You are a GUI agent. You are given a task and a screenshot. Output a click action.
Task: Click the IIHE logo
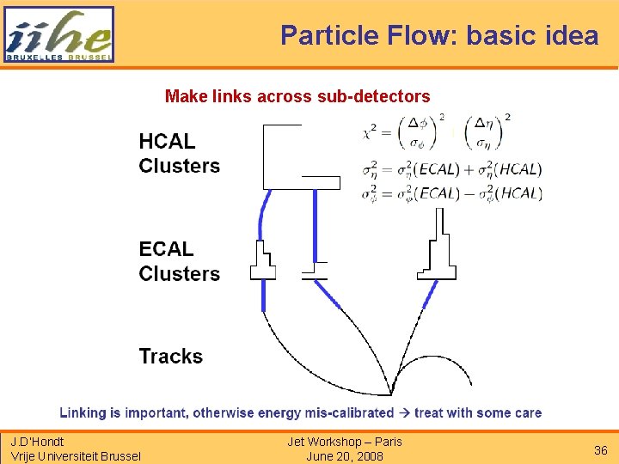(x=58, y=34)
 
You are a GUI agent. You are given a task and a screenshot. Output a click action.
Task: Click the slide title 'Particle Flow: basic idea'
(x=439, y=35)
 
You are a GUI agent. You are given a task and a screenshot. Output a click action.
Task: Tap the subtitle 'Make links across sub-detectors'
(x=297, y=95)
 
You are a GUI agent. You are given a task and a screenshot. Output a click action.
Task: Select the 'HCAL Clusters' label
(x=179, y=154)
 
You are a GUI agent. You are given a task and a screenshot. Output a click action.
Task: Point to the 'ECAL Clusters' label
(x=179, y=261)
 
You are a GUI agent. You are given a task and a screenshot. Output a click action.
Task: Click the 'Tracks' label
(x=171, y=356)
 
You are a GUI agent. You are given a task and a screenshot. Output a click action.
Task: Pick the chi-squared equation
(x=438, y=134)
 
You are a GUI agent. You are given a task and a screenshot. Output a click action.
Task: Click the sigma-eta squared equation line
(x=451, y=171)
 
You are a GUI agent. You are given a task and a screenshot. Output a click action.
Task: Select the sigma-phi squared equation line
(x=451, y=193)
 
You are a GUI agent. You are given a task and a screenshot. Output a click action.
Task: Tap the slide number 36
(x=600, y=450)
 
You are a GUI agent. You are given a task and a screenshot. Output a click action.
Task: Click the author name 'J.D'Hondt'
(x=38, y=442)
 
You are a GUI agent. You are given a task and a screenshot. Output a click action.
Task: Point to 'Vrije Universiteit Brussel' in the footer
(x=76, y=456)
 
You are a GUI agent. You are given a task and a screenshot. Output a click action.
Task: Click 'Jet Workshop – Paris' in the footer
(x=345, y=442)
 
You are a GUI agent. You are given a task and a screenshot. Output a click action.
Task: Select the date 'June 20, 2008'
(x=345, y=456)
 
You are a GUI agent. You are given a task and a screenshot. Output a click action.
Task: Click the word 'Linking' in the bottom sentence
(x=83, y=412)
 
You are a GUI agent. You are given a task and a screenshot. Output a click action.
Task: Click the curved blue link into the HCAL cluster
(x=262, y=215)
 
